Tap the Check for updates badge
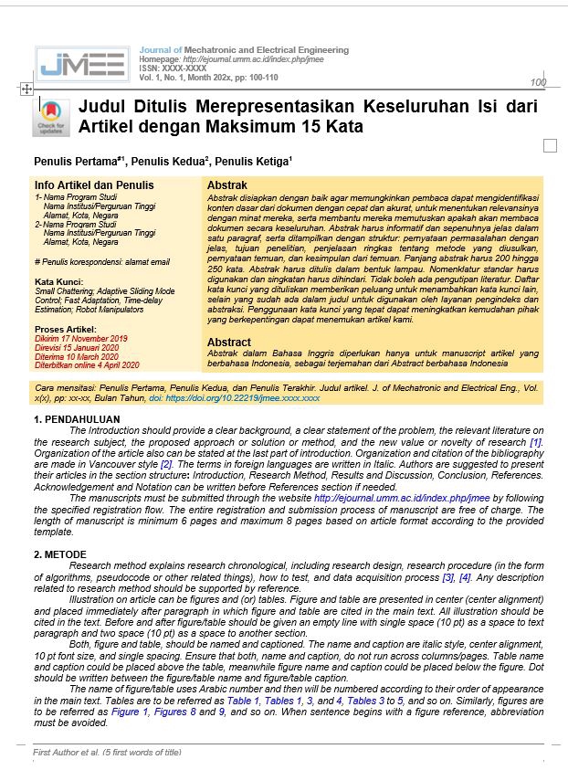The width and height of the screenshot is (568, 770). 51,116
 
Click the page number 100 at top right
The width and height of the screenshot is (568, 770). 537,83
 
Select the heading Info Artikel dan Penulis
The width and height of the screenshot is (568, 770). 81,185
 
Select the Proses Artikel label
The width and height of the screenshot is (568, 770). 64,329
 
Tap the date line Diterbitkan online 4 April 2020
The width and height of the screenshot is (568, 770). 87,364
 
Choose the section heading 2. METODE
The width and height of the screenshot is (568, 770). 60,554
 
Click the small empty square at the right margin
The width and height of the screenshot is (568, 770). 549,146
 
